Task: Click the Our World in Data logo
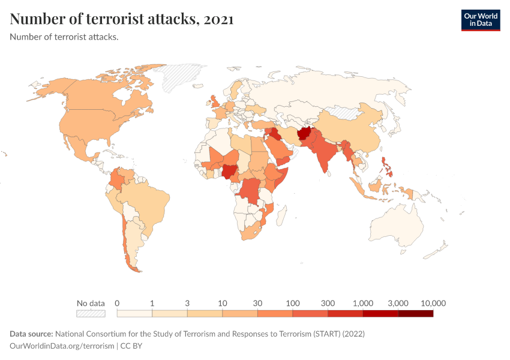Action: pyautogui.click(x=480, y=20)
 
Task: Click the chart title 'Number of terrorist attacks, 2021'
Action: pyautogui.click(x=122, y=20)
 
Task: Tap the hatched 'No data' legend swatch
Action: pyautogui.click(x=91, y=313)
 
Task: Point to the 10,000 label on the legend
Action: pyautogui.click(x=433, y=303)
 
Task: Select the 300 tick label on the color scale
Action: pyautogui.click(x=328, y=303)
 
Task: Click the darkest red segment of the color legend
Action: pyautogui.click(x=415, y=313)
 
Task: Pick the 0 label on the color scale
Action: pyautogui.click(x=118, y=303)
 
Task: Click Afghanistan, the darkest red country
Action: pyautogui.click(x=306, y=133)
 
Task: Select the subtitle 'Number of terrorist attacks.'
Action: pyautogui.click(x=64, y=37)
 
